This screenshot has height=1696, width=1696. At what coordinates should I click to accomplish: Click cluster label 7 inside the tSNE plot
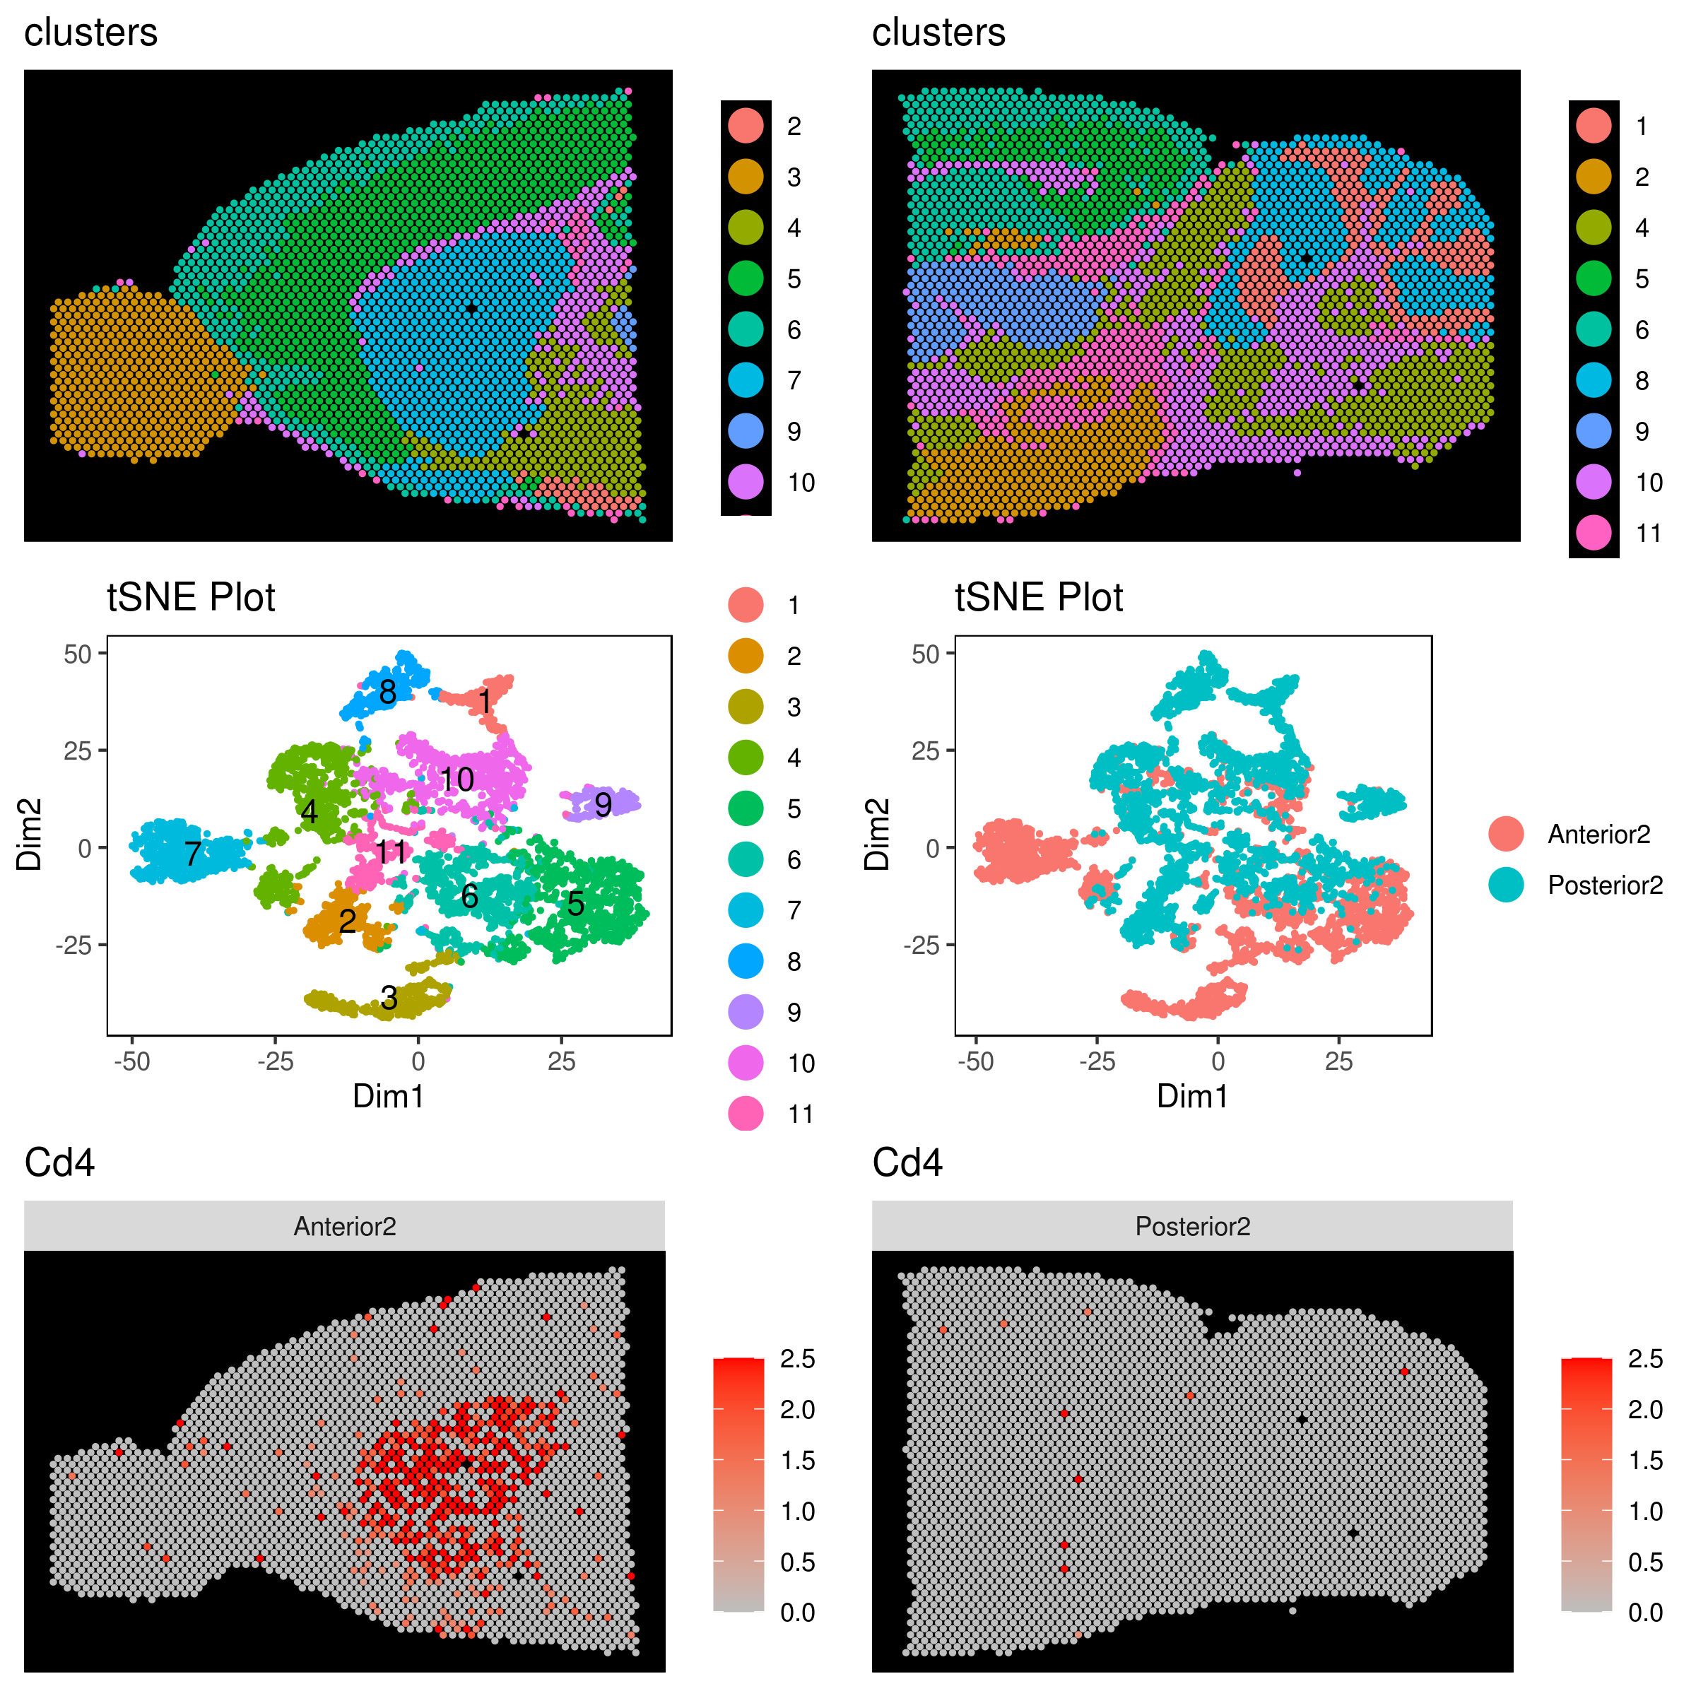click(x=193, y=853)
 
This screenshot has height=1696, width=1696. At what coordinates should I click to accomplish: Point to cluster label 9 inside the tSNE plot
click(x=602, y=804)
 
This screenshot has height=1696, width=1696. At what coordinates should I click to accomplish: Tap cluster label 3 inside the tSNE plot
click(x=389, y=998)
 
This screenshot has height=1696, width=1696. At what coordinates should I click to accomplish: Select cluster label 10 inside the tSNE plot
click(x=457, y=779)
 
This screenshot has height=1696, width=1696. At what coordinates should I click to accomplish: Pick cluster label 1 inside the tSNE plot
click(x=485, y=702)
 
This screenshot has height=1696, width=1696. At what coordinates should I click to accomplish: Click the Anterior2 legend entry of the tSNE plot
click(x=1598, y=834)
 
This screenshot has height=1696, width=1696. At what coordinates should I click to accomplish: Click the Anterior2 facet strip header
click(x=344, y=1226)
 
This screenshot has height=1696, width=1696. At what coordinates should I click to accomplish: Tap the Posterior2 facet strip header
click(x=1192, y=1226)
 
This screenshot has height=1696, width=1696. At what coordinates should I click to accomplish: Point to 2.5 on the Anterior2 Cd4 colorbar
click(x=797, y=1360)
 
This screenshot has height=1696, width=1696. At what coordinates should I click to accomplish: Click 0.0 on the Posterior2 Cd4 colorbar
click(x=1645, y=1613)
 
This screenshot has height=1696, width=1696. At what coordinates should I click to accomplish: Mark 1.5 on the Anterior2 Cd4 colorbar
click(x=797, y=1461)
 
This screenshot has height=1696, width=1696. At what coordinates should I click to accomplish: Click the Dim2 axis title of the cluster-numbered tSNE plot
click(x=29, y=835)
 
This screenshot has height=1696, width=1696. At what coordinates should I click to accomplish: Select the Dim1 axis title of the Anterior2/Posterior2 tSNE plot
click(x=1192, y=1097)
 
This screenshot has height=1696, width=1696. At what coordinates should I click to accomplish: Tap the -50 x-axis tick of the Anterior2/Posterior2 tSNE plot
click(x=975, y=1062)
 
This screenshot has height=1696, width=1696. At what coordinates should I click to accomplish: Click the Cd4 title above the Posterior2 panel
click(x=907, y=1162)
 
